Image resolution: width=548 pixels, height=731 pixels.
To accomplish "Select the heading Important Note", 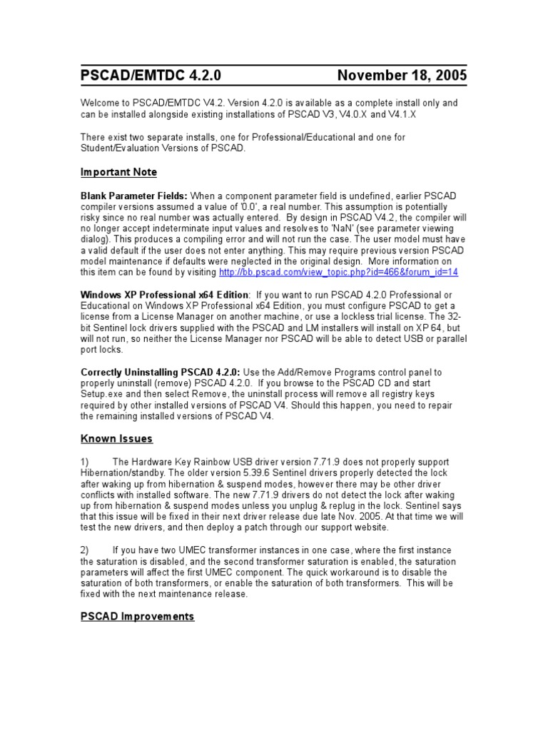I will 118,172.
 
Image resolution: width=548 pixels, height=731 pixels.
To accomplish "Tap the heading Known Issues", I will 116,438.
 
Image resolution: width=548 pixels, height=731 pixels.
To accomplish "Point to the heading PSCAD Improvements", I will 137,616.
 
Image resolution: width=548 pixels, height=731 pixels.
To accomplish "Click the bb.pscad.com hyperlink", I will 339,272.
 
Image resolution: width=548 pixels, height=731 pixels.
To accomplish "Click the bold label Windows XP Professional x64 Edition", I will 164,295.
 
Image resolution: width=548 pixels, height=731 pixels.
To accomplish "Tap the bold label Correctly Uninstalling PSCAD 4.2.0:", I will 161,372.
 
